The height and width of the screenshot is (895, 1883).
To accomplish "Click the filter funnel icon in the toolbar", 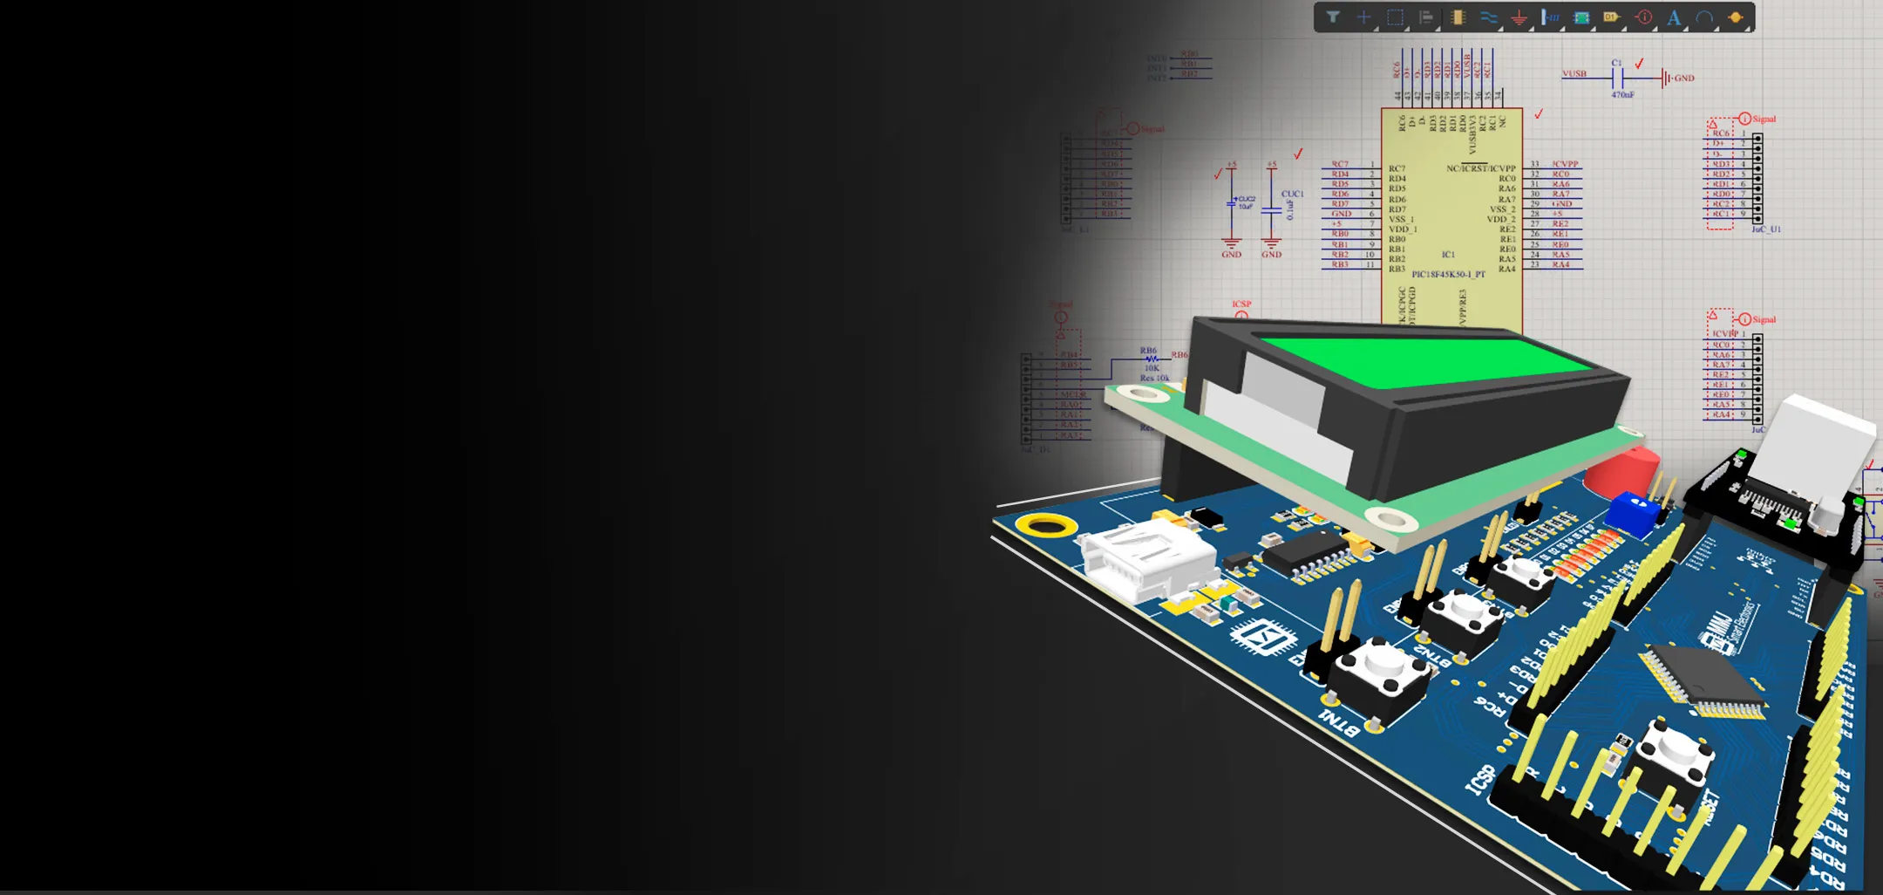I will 1333,17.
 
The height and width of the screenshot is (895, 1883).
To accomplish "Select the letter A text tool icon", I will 1674,17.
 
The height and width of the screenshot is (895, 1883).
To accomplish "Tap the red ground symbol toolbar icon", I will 1519,17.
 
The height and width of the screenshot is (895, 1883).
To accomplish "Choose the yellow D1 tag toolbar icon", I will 1611,17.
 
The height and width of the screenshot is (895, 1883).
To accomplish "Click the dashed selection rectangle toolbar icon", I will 1395,17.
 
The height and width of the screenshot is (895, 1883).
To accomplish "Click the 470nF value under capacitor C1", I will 1622,94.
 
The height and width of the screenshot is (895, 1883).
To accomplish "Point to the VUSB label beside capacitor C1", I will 1574,74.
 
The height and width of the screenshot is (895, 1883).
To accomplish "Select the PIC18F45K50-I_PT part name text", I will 1448,274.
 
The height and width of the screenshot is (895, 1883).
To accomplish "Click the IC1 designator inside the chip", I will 1448,255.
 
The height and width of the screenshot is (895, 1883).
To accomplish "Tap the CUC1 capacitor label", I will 1292,194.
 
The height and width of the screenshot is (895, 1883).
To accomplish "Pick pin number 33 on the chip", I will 1535,164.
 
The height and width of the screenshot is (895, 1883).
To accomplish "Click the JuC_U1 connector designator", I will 1766,229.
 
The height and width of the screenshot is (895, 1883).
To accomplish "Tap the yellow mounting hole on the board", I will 1047,524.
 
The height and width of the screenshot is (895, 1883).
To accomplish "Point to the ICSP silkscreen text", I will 1480,779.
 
